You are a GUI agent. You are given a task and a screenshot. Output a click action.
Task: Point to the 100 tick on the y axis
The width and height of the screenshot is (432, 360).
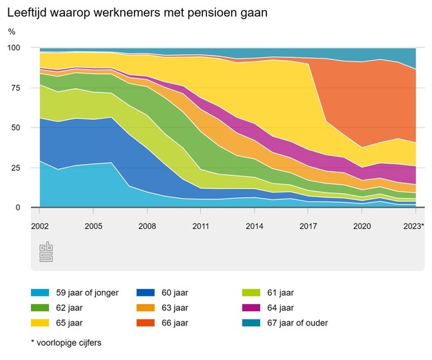click(x=14, y=48)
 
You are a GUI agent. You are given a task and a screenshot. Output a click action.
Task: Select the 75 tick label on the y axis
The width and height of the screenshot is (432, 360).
click(x=16, y=88)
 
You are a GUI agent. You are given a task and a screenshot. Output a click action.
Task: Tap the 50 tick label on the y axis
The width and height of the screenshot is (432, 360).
click(x=16, y=128)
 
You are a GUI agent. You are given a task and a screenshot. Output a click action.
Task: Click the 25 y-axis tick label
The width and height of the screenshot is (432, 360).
click(x=16, y=168)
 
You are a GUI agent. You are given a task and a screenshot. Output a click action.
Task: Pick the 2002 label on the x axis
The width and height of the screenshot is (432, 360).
click(x=39, y=226)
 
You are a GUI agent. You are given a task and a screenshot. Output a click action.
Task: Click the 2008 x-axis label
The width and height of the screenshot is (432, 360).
click(x=147, y=226)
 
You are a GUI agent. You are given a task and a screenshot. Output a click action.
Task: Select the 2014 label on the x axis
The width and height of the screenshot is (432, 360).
click(x=255, y=226)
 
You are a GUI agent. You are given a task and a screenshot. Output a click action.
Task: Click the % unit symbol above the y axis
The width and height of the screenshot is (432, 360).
click(x=12, y=32)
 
